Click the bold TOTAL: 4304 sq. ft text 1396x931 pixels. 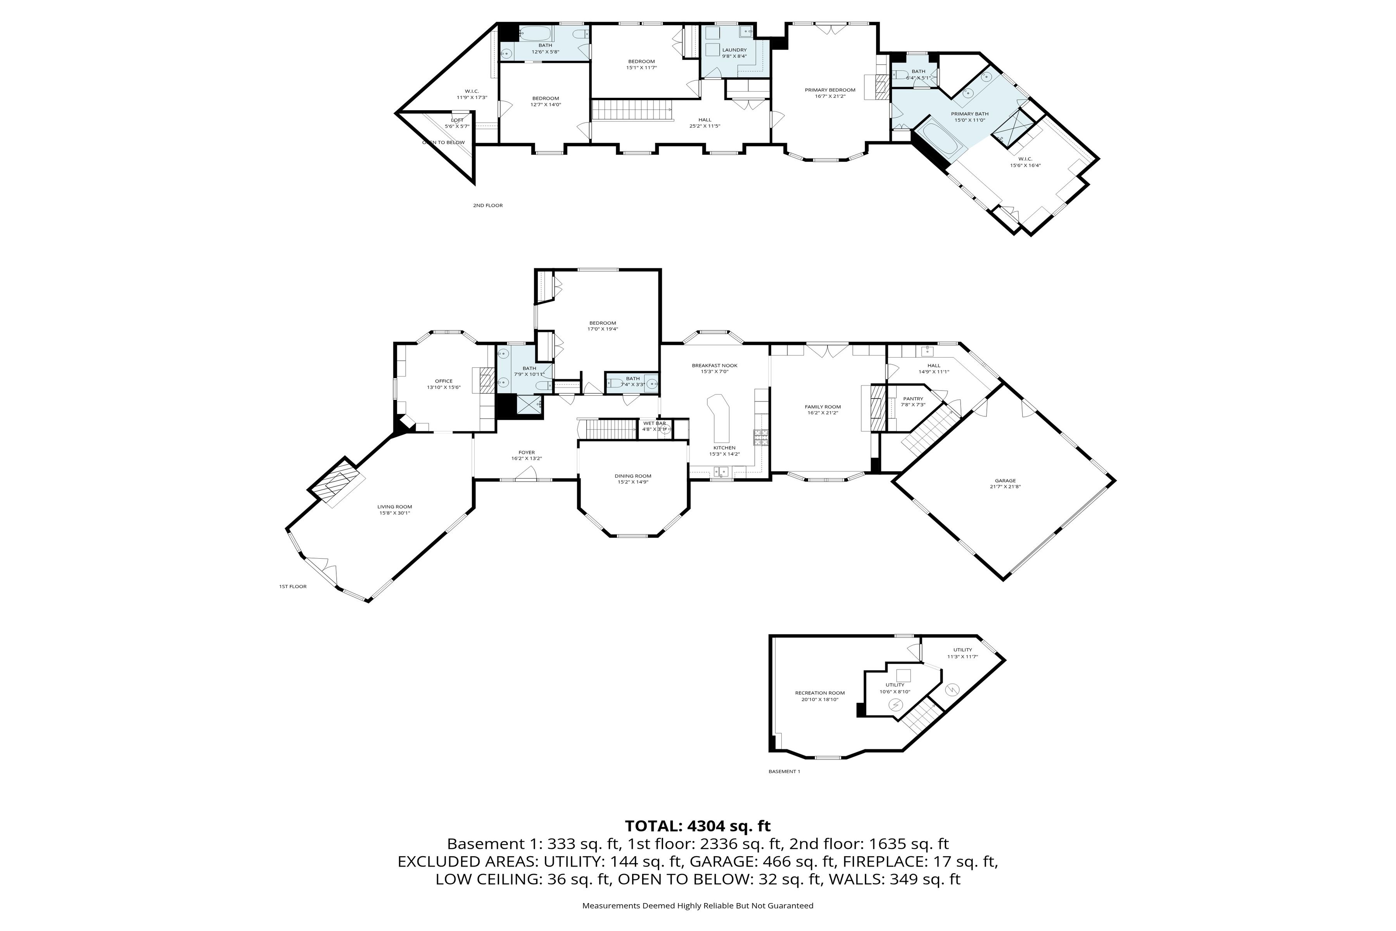[697, 826]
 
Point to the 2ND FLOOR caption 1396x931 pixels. [487, 206]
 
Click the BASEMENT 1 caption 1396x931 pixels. [784, 771]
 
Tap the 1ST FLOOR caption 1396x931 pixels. [293, 586]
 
